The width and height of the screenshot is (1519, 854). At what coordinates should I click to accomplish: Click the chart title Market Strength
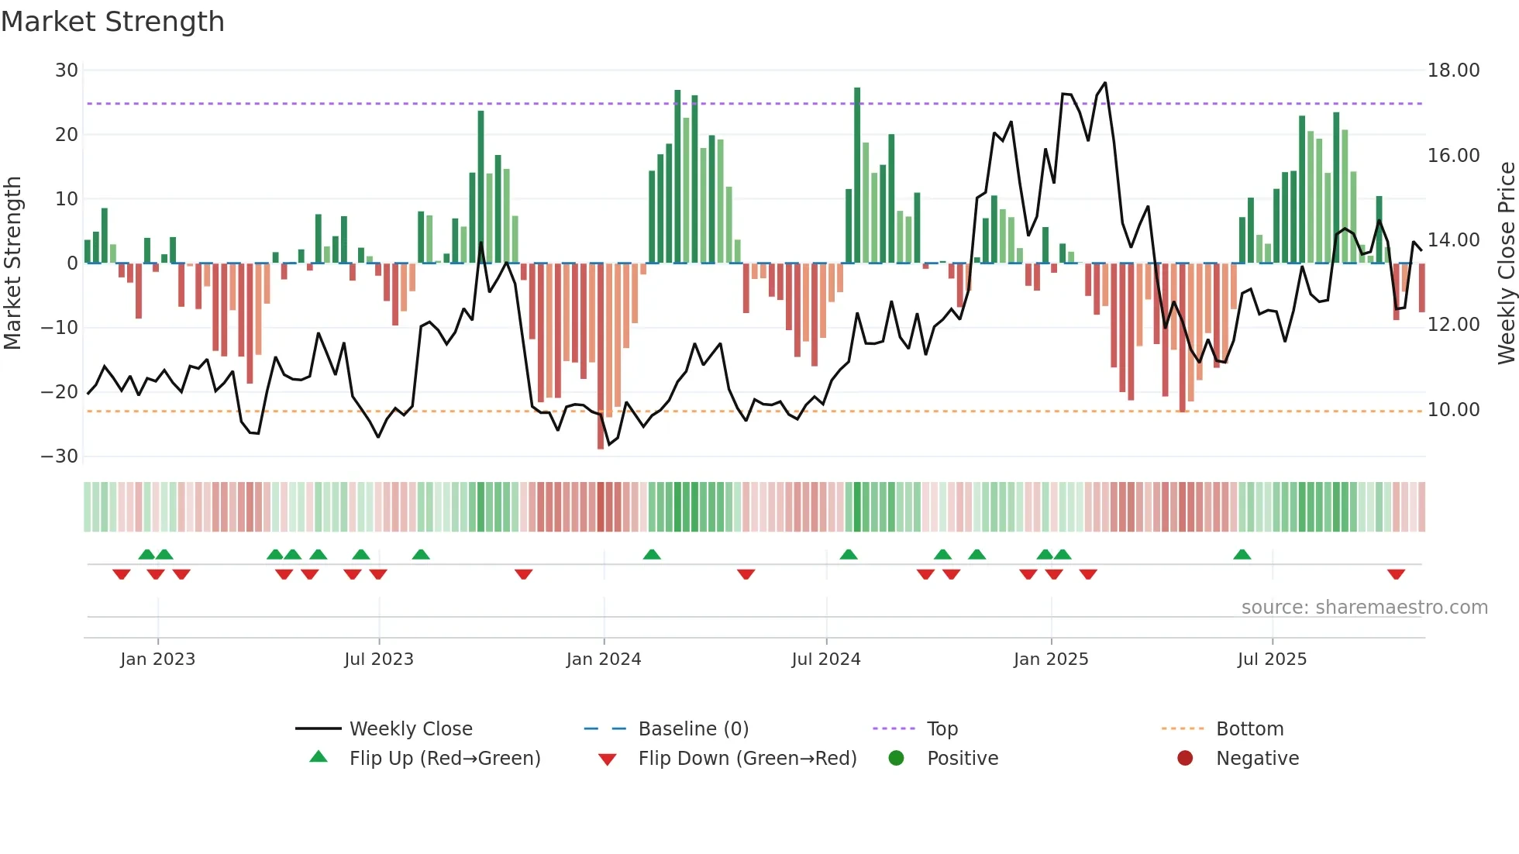click(112, 22)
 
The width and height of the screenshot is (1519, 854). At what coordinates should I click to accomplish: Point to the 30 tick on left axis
click(66, 71)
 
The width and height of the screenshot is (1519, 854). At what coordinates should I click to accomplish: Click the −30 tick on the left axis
click(60, 456)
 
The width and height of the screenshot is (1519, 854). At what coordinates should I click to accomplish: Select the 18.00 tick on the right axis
click(1453, 71)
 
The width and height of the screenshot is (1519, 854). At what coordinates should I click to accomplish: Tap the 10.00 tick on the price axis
click(1453, 410)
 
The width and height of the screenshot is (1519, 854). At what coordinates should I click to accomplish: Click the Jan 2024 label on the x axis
click(603, 659)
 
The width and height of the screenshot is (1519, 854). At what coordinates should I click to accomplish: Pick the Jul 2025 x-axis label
click(1271, 659)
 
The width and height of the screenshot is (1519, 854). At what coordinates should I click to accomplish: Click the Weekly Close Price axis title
click(1506, 263)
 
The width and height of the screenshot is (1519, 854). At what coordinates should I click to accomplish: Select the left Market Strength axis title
click(13, 263)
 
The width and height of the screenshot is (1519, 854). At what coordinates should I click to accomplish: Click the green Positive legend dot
click(896, 758)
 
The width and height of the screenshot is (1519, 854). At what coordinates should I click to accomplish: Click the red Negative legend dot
click(1184, 758)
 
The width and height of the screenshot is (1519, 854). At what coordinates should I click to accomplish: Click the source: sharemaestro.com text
click(1364, 608)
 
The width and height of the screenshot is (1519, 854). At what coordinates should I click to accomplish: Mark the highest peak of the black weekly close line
click(1104, 83)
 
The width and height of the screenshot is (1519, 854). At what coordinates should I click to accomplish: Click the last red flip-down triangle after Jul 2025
click(1396, 574)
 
